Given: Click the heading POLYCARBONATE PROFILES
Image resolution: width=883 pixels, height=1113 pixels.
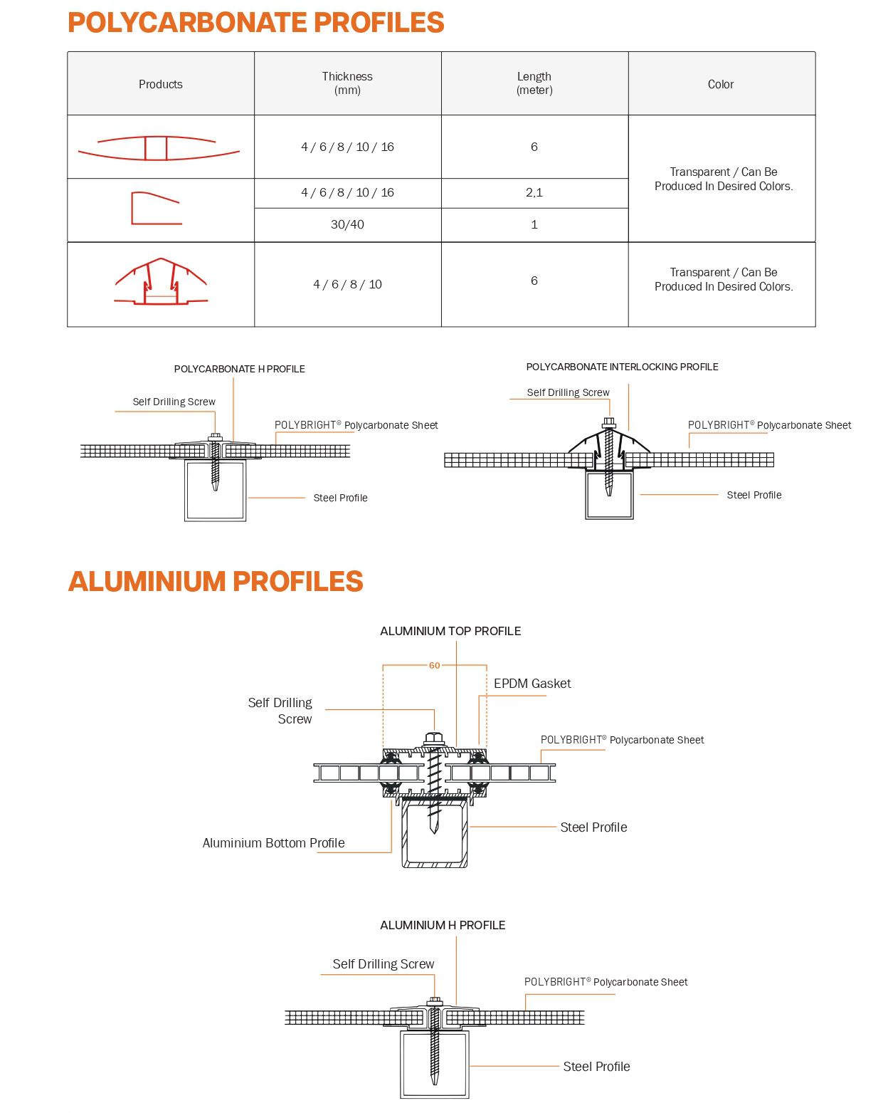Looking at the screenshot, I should tap(255, 23).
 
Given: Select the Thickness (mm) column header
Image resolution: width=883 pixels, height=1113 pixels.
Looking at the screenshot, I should tap(347, 83).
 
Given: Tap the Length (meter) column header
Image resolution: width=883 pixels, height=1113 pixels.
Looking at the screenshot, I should tap(534, 83).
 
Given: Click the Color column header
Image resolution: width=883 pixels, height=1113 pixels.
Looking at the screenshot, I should tap(721, 84).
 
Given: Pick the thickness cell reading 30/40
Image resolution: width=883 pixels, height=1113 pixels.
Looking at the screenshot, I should tap(347, 224).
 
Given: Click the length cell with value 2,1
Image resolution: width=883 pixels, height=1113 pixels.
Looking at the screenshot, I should tap(534, 192).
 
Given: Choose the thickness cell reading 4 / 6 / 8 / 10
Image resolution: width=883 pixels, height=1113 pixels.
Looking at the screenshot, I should tap(347, 284).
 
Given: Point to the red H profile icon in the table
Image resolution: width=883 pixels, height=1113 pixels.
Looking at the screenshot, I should tap(159, 147).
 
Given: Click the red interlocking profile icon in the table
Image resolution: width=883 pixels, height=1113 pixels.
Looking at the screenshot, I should tap(161, 282).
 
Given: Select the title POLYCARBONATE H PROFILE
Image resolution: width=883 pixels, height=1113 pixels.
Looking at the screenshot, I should tap(239, 369).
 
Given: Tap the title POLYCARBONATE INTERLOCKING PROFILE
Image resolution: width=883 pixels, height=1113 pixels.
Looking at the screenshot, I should tap(622, 367).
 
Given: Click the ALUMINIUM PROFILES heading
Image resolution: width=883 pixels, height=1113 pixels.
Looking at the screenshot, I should tap(216, 582).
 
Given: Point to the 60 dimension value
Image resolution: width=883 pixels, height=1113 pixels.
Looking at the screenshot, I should tap(434, 666).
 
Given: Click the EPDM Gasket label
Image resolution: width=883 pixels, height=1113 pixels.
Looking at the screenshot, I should tap(532, 684).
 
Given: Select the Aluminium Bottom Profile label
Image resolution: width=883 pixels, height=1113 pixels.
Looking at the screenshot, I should tap(273, 843).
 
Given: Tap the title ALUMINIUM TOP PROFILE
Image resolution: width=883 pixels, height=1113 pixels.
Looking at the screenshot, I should tap(450, 631).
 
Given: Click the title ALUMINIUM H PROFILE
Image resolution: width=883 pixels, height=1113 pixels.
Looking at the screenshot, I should tap(443, 925).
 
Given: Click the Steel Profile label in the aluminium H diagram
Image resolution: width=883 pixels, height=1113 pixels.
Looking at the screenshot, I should tap(596, 1067).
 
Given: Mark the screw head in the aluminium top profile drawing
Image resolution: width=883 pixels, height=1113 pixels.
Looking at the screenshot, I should tap(434, 739).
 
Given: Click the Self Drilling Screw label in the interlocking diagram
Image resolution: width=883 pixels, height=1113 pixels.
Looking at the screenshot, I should tap(568, 392).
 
